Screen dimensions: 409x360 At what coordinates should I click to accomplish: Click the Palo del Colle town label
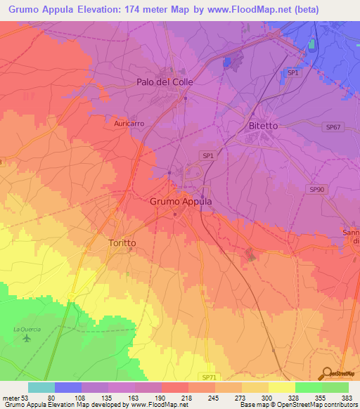tap(164, 82)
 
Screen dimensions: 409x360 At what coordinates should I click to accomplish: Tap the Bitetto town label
tap(264, 125)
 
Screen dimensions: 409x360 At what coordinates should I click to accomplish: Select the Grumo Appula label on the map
tap(181, 201)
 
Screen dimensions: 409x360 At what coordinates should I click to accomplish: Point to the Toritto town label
tap(122, 242)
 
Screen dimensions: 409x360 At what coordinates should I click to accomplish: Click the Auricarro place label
tap(129, 123)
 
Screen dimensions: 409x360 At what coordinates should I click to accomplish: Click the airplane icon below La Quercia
tap(27, 339)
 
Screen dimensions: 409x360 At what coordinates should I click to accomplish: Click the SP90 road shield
tap(317, 190)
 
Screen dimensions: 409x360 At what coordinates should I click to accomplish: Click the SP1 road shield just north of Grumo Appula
tap(207, 155)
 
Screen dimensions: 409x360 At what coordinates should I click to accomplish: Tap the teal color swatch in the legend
tap(41, 387)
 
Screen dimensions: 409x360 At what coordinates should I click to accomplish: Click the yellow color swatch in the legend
tap(282, 387)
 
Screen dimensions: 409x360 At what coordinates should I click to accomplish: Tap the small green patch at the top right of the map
tap(311, 45)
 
